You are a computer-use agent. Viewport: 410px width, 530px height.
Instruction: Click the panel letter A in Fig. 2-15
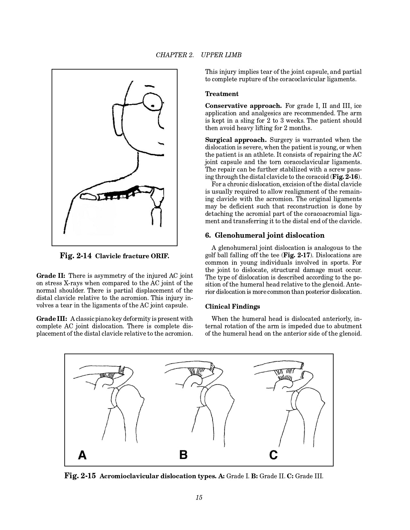(x=82, y=455)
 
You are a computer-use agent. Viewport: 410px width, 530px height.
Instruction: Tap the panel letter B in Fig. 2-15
(x=183, y=455)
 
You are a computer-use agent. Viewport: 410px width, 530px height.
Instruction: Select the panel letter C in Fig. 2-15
(x=273, y=455)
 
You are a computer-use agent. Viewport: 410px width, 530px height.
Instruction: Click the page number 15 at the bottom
(x=199, y=498)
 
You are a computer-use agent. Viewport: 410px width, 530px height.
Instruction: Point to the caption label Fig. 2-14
(x=76, y=256)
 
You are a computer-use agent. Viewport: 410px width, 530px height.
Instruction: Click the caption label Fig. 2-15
(x=80, y=476)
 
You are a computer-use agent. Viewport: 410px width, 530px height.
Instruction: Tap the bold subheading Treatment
(x=222, y=94)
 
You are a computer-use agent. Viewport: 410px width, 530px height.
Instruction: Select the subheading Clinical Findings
(x=232, y=306)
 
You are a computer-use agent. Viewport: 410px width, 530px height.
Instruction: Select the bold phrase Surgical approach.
(x=236, y=140)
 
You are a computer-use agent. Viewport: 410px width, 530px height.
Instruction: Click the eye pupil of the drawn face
(x=153, y=106)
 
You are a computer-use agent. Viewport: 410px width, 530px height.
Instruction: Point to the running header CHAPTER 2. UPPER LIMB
(x=198, y=55)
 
